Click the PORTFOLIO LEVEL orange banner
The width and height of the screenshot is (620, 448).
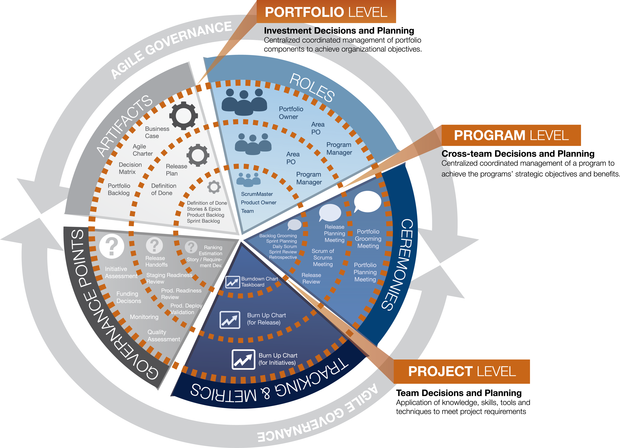tap(326, 12)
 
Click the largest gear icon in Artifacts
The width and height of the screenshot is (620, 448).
tap(184, 116)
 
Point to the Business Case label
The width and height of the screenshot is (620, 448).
tap(157, 132)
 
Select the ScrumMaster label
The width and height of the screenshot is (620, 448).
tap(257, 194)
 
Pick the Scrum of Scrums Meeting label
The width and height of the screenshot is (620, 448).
tap(323, 258)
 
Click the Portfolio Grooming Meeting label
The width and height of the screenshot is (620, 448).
tap(368, 239)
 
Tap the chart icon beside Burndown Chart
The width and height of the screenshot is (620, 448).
tap(232, 282)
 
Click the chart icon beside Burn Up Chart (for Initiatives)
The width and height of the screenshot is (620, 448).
tap(243, 359)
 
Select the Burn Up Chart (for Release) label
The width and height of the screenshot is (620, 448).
tap(266, 319)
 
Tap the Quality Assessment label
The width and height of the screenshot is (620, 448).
tap(164, 336)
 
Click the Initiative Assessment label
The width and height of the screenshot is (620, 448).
tap(121, 272)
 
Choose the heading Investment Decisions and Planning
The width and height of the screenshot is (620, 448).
tap(339, 31)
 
